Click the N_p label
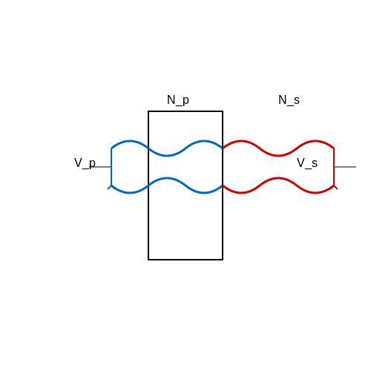tap(178, 100)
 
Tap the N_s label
tap(289, 100)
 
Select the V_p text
tap(85, 163)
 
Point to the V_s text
tap(307, 163)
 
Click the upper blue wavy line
tap(167, 155)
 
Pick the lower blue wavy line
tap(167, 178)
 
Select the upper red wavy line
tap(278, 155)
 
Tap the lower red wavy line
tap(278, 178)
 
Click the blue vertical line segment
tap(111, 167)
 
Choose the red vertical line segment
tap(334, 167)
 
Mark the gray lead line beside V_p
tap(102, 167)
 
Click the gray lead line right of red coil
tap(345, 167)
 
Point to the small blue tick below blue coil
tap(109, 188)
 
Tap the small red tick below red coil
tap(336, 188)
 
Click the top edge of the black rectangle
tap(185, 111)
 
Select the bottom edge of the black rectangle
tap(185, 260)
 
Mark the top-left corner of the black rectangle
tap(148, 111)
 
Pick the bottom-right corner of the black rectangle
tap(223, 260)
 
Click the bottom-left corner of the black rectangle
tap(148, 260)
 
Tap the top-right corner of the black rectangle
tap(223, 111)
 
